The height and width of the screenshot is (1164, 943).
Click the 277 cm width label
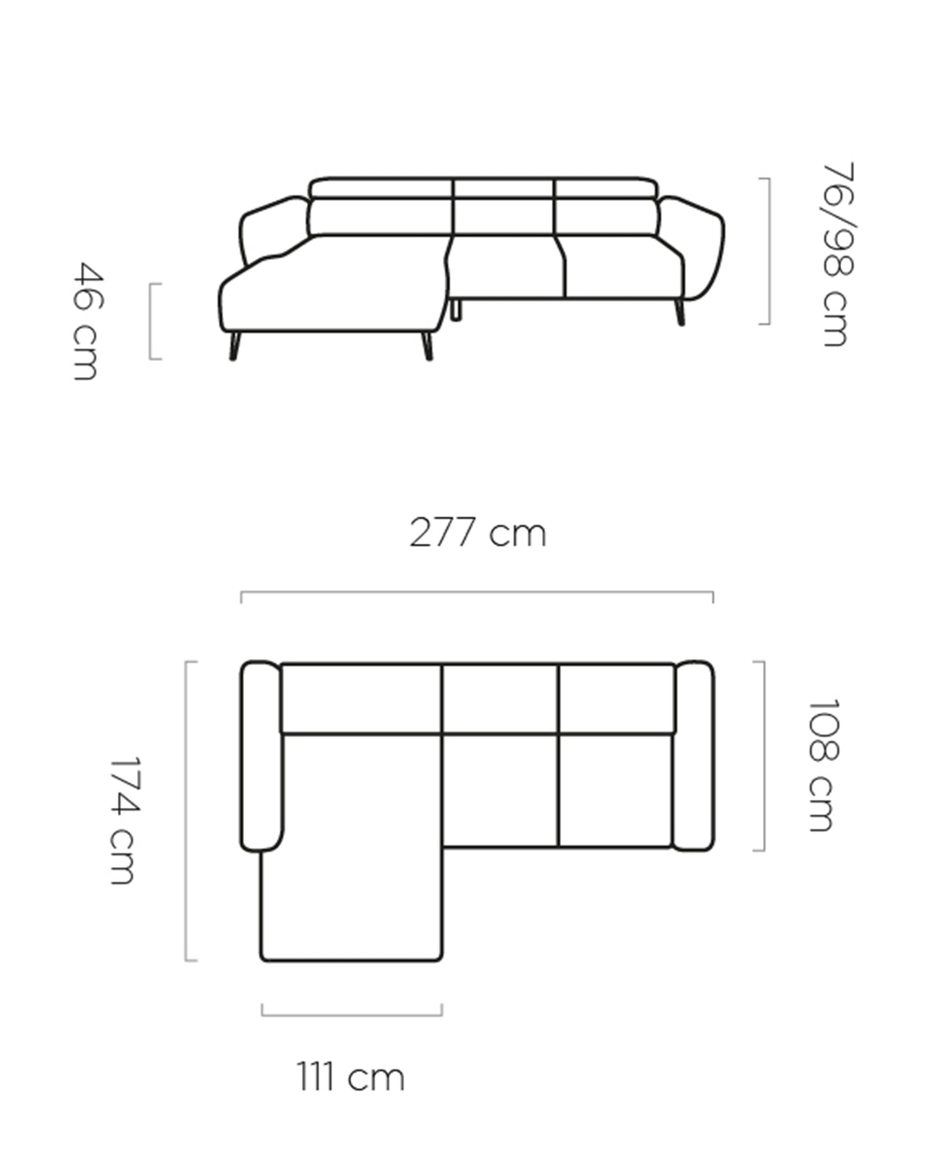(x=478, y=532)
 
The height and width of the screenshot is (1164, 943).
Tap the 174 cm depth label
(x=124, y=820)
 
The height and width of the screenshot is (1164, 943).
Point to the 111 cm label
(x=351, y=1077)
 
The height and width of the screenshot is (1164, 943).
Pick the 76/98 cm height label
(x=837, y=254)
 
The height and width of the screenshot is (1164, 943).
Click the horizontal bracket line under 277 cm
(x=477, y=592)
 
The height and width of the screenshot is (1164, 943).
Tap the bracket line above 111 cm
(x=352, y=1015)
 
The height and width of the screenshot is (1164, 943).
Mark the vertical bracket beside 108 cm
(x=763, y=756)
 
